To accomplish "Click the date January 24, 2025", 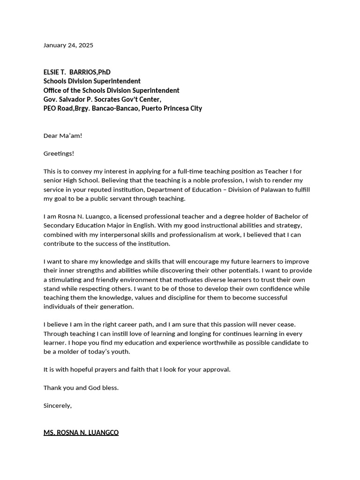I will point(68,45).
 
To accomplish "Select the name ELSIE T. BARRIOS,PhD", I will point(77,72).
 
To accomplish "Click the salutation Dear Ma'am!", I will point(63,135).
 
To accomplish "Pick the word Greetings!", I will point(59,153).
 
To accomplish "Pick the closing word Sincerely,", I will point(58,405).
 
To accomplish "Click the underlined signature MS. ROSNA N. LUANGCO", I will point(81,433).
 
